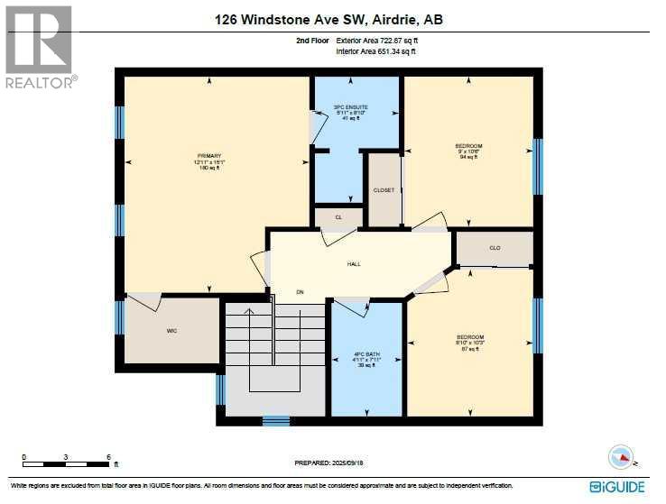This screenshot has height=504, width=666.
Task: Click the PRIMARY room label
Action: (x=209, y=156)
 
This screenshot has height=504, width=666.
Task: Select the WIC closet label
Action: (x=171, y=331)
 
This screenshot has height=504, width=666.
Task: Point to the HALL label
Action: (x=354, y=264)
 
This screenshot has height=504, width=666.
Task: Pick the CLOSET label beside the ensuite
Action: (x=384, y=190)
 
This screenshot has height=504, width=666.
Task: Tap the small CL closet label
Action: (x=338, y=217)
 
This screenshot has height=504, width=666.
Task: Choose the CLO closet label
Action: (x=495, y=248)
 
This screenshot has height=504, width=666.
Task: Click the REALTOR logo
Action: (x=39, y=46)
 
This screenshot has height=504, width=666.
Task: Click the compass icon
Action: (x=621, y=457)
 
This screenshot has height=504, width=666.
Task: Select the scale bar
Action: (x=68, y=462)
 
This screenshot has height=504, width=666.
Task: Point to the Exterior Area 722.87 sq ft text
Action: (x=377, y=41)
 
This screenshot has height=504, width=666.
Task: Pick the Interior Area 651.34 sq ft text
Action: (x=376, y=51)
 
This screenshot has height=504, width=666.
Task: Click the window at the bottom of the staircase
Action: (x=275, y=420)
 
